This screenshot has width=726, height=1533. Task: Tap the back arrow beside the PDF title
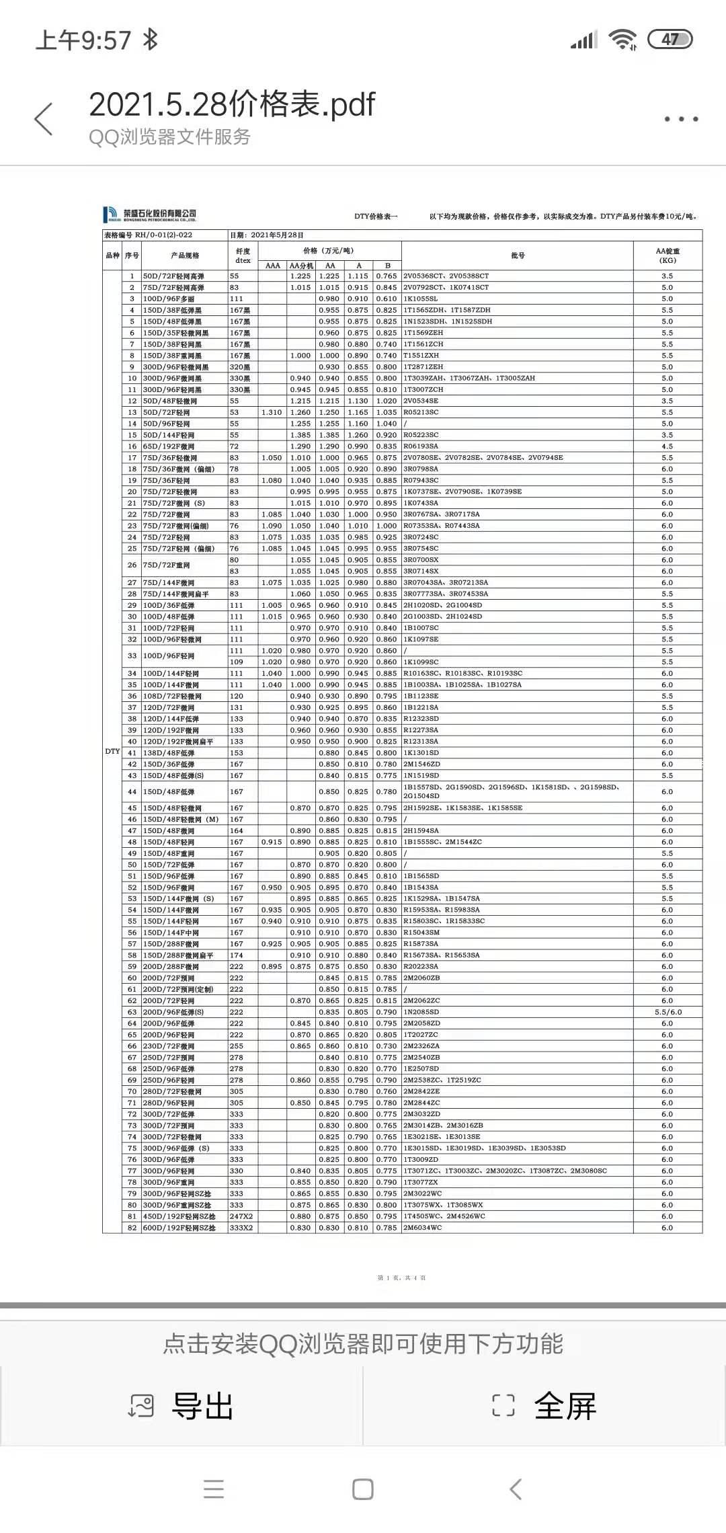pyautogui.click(x=44, y=119)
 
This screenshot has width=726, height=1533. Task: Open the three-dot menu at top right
pyautogui.click(x=681, y=119)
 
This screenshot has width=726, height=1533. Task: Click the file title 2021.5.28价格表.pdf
pyautogui.click(x=232, y=104)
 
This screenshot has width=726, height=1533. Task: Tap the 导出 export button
pyautogui.click(x=182, y=1406)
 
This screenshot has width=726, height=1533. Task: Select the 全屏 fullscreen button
pyautogui.click(x=544, y=1406)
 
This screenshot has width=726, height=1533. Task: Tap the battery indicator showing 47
pyautogui.click(x=670, y=40)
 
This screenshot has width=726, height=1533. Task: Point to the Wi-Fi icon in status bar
pyautogui.click(x=622, y=40)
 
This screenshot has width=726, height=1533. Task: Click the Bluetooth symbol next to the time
pyautogui.click(x=151, y=40)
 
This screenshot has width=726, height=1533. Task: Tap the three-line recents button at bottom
pyautogui.click(x=214, y=1489)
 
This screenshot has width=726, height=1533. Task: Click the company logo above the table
pyautogui.click(x=150, y=214)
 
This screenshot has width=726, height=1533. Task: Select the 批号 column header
pyautogui.click(x=517, y=255)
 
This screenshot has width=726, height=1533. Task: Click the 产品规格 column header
pyautogui.click(x=185, y=255)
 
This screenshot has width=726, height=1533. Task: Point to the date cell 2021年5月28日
pyautogui.click(x=277, y=235)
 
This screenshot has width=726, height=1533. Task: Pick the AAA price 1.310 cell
pyautogui.click(x=272, y=412)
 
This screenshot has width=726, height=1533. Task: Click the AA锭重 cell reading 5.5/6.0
pyautogui.click(x=667, y=1012)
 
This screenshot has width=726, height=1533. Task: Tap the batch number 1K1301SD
pyautogui.click(x=421, y=753)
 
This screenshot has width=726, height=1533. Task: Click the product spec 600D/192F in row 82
pyautogui.click(x=179, y=1228)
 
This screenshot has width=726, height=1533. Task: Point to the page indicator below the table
pyautogui.click(x=401, y=1277)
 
